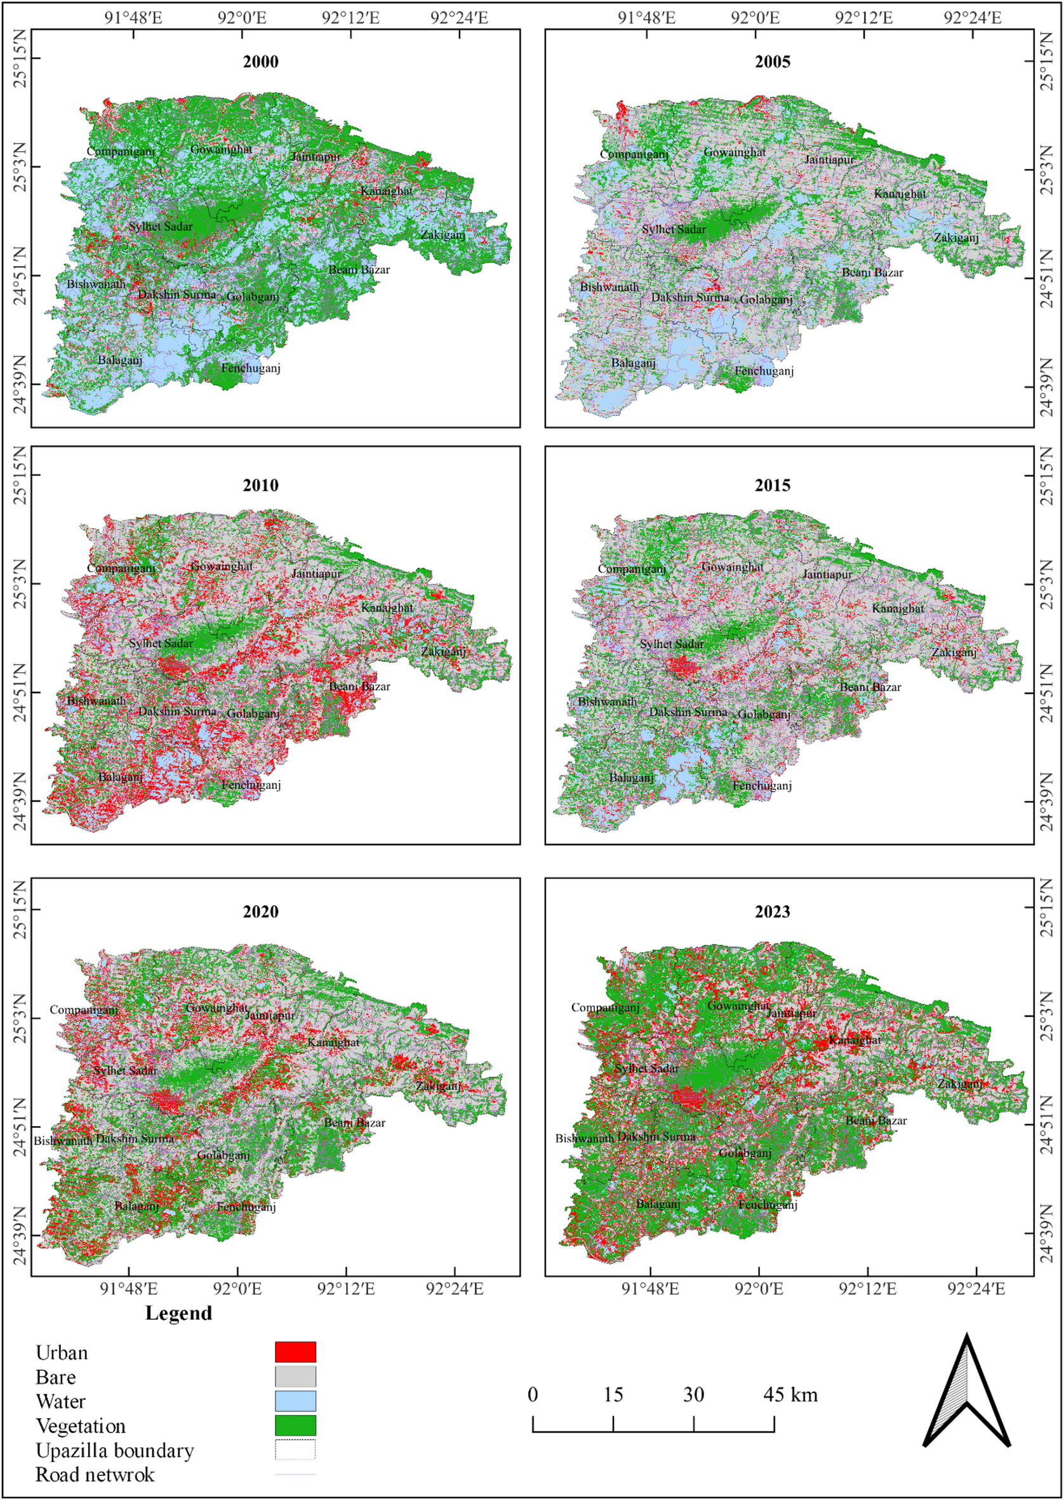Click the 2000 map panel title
tap(260, 62)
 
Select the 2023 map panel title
tap(772, 911)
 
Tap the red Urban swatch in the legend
tap(295, 1352)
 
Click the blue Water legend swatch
tap(295, 1401)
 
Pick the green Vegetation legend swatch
tap(295, 1425)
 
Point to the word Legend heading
tap(178, 1313)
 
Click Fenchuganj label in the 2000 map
tap(250, 368)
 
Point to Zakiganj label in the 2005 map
tap(956, 238)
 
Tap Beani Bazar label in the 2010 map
tap(359, 686)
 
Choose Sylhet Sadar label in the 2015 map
tap(672, 644)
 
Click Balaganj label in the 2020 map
tap(136, 1206)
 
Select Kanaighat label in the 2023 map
tap(855, 1040)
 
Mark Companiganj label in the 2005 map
tap(634, 155)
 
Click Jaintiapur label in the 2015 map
tap(827, 574)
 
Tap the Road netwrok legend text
tap(95, 1475)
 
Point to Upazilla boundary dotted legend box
tap(295, 1450)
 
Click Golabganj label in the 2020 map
tap(223, 1155)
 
